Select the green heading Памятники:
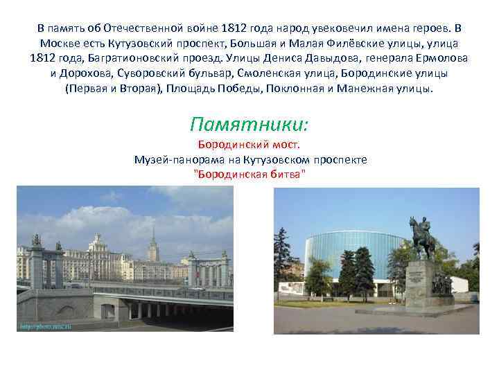(249, 125)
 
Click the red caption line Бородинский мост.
(249, 145)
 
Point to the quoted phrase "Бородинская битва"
(249, 173)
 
